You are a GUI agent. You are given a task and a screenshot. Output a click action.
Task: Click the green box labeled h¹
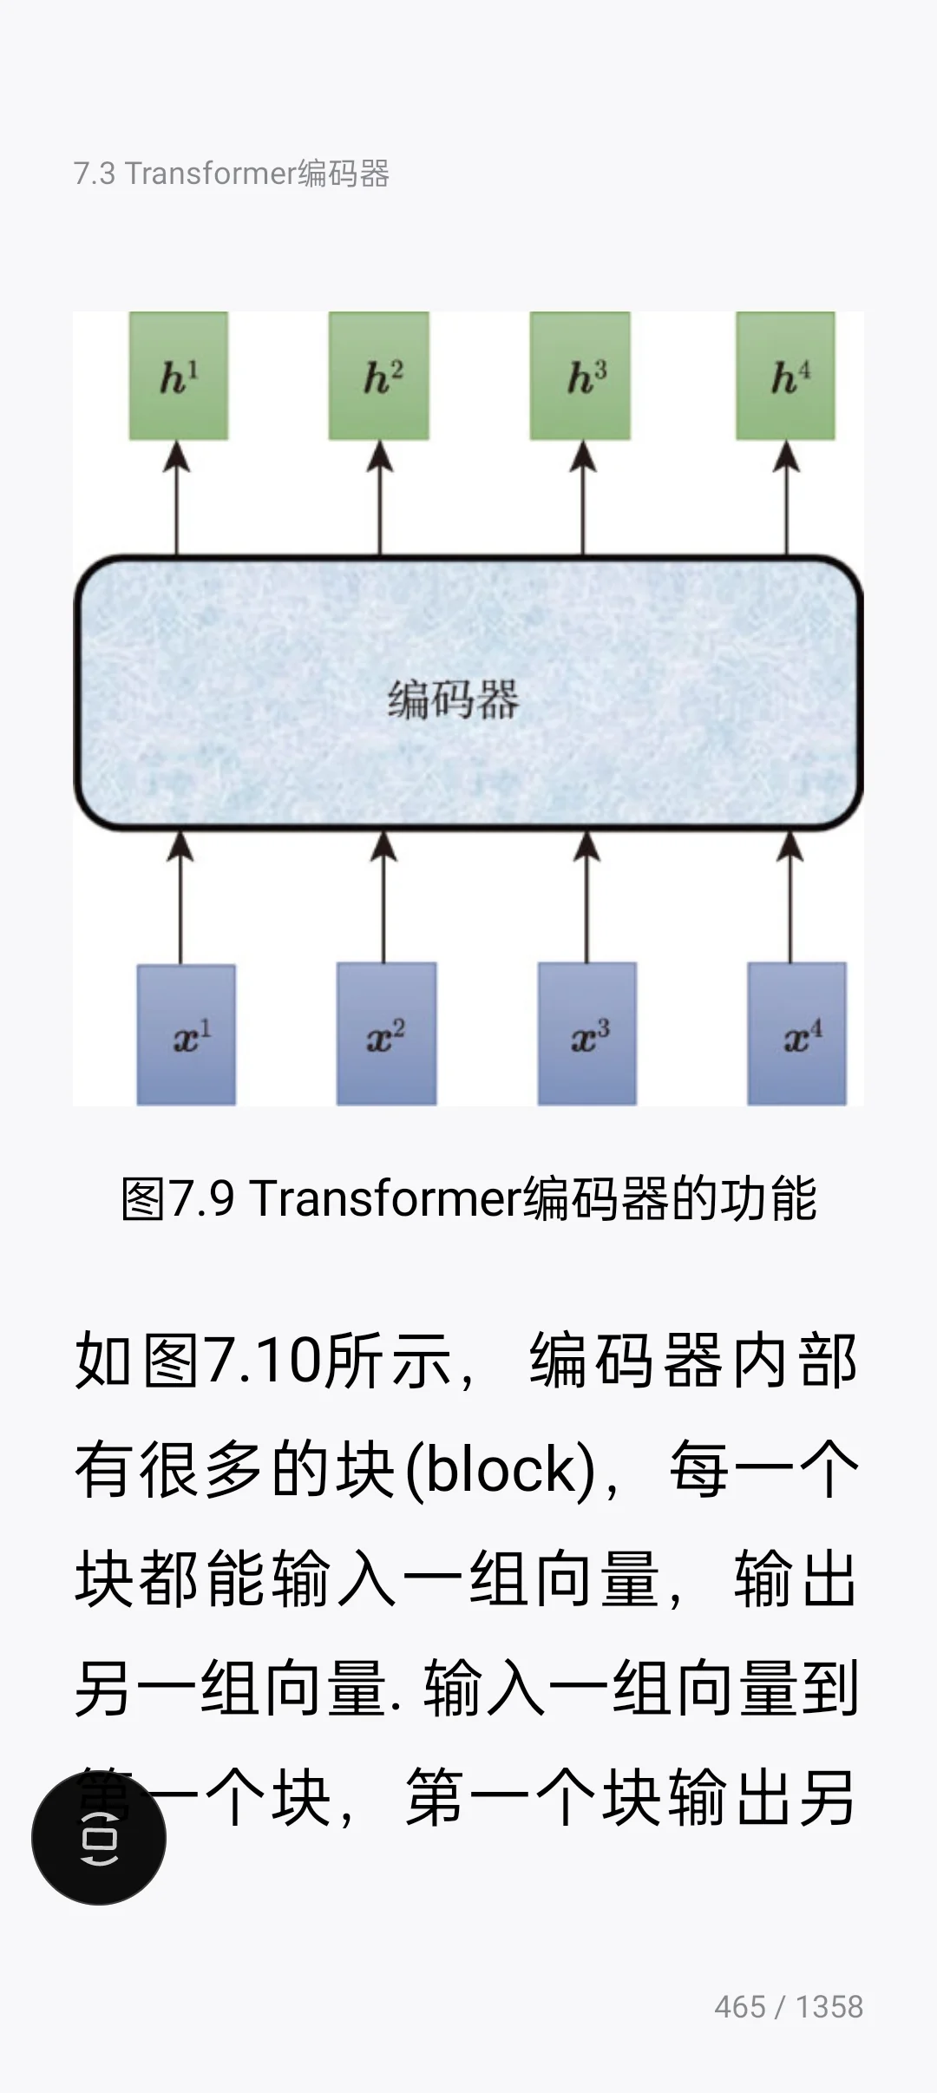179,376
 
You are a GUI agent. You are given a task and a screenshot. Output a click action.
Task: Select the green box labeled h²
379,376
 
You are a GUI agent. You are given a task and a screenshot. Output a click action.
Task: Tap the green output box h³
580,376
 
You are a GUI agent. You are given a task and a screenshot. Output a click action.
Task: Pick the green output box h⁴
786,376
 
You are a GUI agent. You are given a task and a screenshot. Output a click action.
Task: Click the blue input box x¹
187,1034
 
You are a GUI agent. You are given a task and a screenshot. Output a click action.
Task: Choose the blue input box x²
387,1033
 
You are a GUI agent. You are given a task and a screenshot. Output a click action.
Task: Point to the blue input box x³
587,1033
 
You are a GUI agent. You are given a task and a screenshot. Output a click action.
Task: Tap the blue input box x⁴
797,1033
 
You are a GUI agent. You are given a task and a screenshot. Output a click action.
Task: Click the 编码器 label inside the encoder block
453,699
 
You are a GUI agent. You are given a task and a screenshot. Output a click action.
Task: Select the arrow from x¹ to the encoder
180,898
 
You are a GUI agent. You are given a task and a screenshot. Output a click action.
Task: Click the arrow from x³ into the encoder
587,898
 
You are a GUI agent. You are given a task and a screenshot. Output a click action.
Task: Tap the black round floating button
99,1838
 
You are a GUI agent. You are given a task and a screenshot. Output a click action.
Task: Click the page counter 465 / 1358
789,2007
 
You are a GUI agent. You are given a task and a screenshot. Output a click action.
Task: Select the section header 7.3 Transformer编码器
232,174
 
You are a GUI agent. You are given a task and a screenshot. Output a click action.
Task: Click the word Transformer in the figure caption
385,1198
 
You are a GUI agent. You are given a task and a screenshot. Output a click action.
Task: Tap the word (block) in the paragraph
501,1470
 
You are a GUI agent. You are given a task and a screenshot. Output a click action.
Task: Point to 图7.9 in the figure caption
178,1198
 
